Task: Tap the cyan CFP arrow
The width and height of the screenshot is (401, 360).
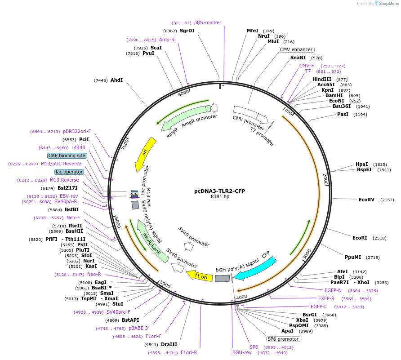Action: pos(256,268)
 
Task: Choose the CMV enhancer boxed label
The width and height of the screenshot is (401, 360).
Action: pos(296,49)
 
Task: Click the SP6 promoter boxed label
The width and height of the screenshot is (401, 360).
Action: pos(283,339)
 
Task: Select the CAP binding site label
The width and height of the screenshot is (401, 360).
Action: pos(67,156)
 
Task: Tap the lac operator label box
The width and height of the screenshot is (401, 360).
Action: pos(69,172)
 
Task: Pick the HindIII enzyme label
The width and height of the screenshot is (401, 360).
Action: pos(322,79)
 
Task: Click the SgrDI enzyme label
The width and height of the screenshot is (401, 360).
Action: pos(187,31)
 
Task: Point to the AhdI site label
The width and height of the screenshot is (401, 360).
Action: pos(117,80)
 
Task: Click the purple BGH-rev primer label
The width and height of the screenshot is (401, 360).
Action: pos(242,352)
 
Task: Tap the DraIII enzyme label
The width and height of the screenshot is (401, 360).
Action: pos(169,344)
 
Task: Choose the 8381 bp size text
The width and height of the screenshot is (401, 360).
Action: pos(220,196)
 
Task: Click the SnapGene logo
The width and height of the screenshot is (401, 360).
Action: pos(388,4)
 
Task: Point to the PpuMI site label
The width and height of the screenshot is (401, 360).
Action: pos(353,257)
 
